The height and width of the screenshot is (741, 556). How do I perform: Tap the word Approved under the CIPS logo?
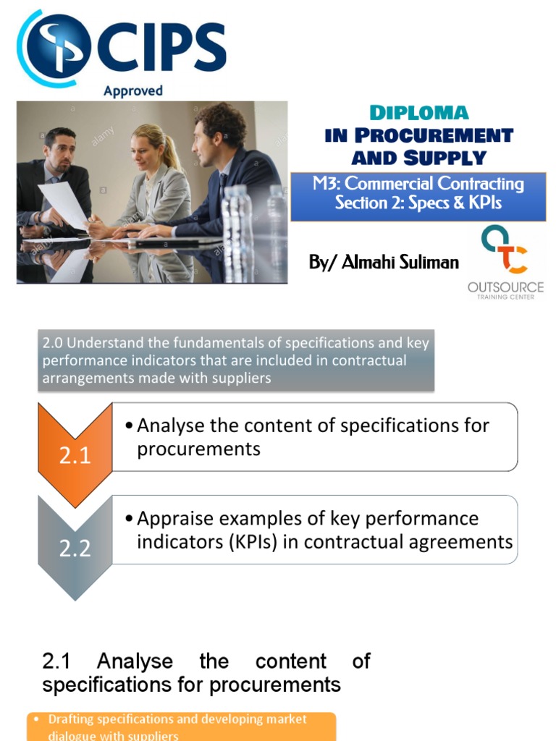tap(133, 91)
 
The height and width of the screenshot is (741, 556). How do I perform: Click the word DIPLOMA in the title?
tap(419, 113)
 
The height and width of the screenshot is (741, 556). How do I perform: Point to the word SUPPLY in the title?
tap(445, 157)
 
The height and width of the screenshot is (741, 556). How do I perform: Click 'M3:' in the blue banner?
tap(327, 184)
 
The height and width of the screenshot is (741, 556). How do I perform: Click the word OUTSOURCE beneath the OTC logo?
tap(505, 288)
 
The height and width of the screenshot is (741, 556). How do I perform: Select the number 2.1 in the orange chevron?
tap(75, 455)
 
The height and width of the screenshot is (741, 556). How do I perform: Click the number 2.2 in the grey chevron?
tap(75, 548)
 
